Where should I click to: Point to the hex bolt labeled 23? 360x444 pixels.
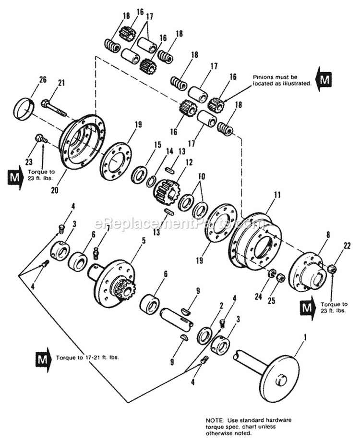pos(40,139)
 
